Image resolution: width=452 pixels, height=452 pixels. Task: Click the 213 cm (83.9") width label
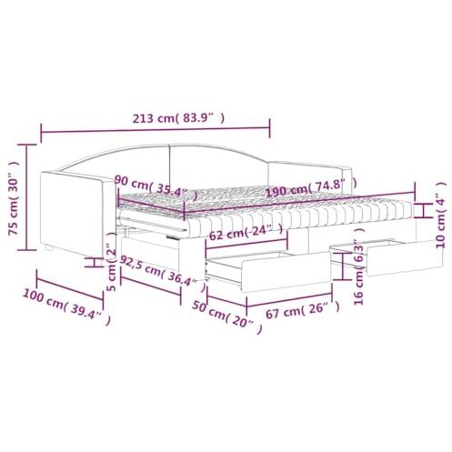pyautogui.click(x=178, y=118)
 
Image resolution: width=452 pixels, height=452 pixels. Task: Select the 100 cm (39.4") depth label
pyautogui.click(x=66, y=306)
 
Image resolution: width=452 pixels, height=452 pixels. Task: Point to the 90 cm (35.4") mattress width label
pyautogui.click(x=156, y=187)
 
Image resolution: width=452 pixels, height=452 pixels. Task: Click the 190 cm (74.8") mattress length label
pyautogui.click(x=311, y=187)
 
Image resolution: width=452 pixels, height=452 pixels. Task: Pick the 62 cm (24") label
pyautogui.click(x=246, y=232)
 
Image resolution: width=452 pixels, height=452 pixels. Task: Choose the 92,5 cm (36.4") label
pyautogui.click(x=163, y=272)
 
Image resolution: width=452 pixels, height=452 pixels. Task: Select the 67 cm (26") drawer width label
pyautogui.click(x=303, y=310)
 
